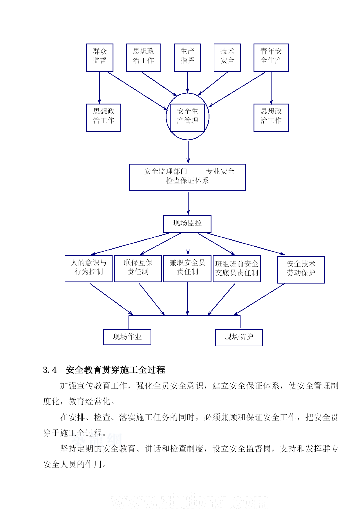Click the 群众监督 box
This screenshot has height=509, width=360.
(x=100, y=57)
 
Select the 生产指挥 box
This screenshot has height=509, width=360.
(x=187, y=57)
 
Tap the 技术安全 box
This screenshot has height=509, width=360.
(x=227, y=57)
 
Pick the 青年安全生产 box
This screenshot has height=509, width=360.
(x=271, y=57)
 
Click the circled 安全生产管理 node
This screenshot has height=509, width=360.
(x=187, y=116)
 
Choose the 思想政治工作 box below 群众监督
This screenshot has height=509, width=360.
(x=104, y=118)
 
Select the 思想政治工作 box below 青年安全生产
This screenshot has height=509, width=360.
(x=271, y=118)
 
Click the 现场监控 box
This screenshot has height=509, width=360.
(x=187, y=224)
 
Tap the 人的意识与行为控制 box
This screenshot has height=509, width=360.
(x=88, y=268)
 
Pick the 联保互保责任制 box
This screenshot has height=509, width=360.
(x=138, y=268)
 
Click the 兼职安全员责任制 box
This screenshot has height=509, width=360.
(x=187, y=268)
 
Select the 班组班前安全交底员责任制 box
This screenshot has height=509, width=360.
(x=237, y=268)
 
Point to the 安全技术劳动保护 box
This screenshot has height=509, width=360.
(x=301, y=270)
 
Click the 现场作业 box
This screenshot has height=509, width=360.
(x=127, y=337)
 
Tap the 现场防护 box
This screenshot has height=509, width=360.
(x=239, y=337)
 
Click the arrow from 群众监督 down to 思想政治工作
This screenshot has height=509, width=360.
(x=99, y=88)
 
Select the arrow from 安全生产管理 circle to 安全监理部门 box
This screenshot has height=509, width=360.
(x=188, y=152)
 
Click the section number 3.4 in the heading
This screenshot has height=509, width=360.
(x=50, y=370)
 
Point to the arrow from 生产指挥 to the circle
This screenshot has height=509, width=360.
(x=187, y=82)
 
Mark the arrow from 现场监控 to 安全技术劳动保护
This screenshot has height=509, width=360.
(x=247, y=244)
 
